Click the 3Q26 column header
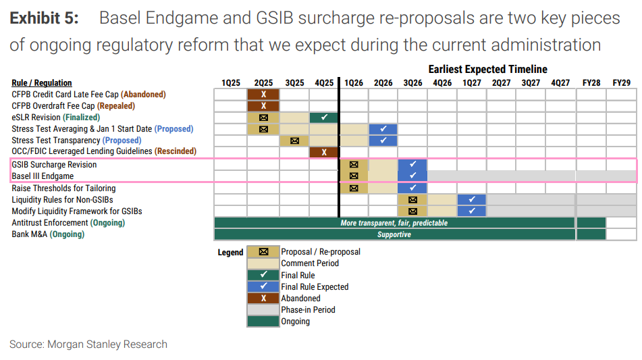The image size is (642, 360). pyautogui.click(x=412, y=82)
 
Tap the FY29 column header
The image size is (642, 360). pyautogui.click(x=622, y=82)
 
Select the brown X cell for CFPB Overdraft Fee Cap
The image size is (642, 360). pyautogui.click(x=263, y=106)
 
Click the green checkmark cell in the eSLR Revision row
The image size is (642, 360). pyautogui.click(x=324, y=118)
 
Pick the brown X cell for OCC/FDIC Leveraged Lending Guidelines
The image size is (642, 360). pyautogui.click(x=324, y=152)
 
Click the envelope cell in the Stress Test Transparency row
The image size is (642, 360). pyautogui.click(x=294, y=141)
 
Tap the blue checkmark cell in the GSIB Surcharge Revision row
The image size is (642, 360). pyautogui.click(x=412, y=165)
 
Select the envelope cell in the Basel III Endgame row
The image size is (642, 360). pyautogui.click(x=354, y=176)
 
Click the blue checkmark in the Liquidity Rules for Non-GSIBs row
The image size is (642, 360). pyautogui.click(x=472, y=199)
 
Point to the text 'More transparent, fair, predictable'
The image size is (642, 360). pyautogui.click(x=394, y=223)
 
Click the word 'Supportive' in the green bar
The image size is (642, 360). pyautogui.click(x=394, y=234)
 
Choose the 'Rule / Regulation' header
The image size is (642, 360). pyautogui.click(x=42, y=82)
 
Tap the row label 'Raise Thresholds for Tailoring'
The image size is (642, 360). pyautogui.click(x=63, y=188)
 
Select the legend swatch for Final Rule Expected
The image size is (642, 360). pyautogui.click(x=263, y=286)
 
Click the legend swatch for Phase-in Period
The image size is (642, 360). pyautogui.click(x=263, y=309)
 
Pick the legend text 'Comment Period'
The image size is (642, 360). pyautogui.click(x=310, y=263)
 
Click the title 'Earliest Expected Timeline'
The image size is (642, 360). pyautogui.click(x=487, y=69)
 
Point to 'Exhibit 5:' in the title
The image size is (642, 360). pyautogui.click(x=45, y=18)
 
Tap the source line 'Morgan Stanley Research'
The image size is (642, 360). pyautogui.click(x=107, y=344)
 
